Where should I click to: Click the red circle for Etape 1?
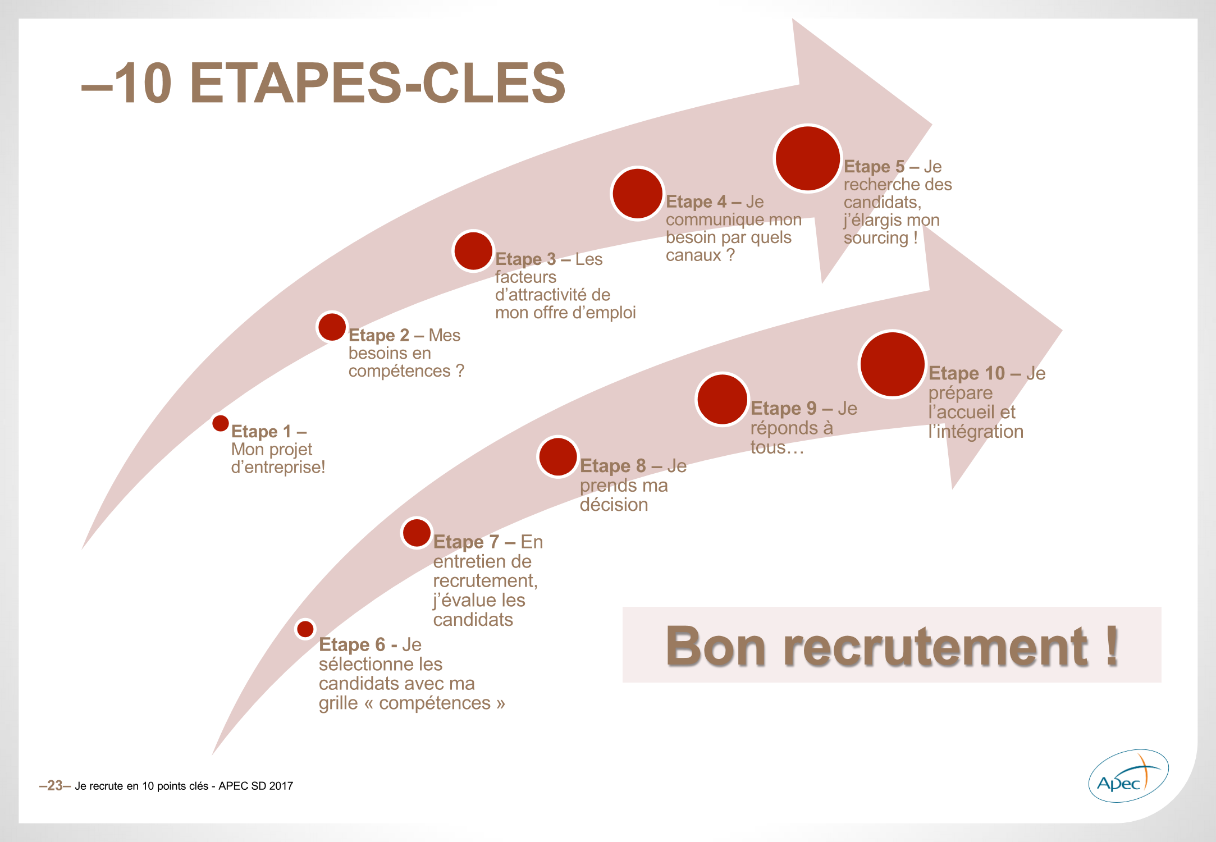click(x=221, y=423)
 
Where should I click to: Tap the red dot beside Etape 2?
click(x=332, y=327)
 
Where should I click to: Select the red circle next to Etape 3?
click(x=473, y=251)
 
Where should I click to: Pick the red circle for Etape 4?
click(x=637, y=194)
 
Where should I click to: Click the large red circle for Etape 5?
click(x=807, y=158)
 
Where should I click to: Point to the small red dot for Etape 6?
click(x=305, y=629)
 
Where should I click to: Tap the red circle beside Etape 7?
click(x=417, y=533)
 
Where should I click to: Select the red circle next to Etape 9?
click(x=722, y=399)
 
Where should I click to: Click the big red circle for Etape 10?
click(x=892, y=364)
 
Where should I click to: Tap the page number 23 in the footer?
click(x=55, y=785)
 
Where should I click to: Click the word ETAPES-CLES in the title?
click(x=377, y=83)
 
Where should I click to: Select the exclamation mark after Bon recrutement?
click(x=1112, y=646)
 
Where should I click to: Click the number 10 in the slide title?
click(x=143, y=83)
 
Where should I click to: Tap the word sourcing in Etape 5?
click(x=876, y=238)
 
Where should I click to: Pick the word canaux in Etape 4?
click(x=693, y=255)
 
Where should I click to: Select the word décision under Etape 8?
click(x=614, y=505)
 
